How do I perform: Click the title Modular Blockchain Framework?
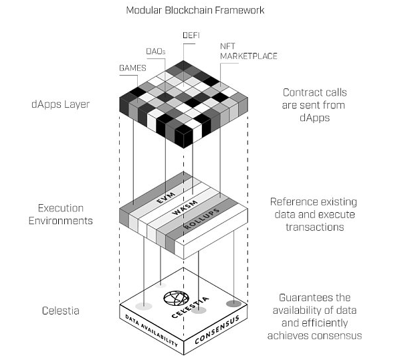[x=195, y=10]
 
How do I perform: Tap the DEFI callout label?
[x=191, y=35]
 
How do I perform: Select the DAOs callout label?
[x=156, y=52]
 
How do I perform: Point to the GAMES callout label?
[x=132, y=68]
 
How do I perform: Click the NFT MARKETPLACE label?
[x=249, y=52]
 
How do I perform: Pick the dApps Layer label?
[x=60, y=104]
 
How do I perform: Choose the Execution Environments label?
[x=61, y=214]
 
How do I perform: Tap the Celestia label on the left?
[x=61, y=310]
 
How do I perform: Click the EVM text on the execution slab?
[x=166, y=198]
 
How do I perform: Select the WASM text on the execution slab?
[x=185, y=207]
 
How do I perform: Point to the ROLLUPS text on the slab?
[x=202, y=219]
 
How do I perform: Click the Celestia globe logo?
[x=176, y=298]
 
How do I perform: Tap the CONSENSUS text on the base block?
[x=217, y=330]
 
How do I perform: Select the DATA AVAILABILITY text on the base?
[x=151, y=331]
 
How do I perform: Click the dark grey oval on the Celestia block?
[x=233, y=304]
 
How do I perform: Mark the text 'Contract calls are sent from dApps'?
[x=314, y=105]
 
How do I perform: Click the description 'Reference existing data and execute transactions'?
[x=314, y=214]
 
